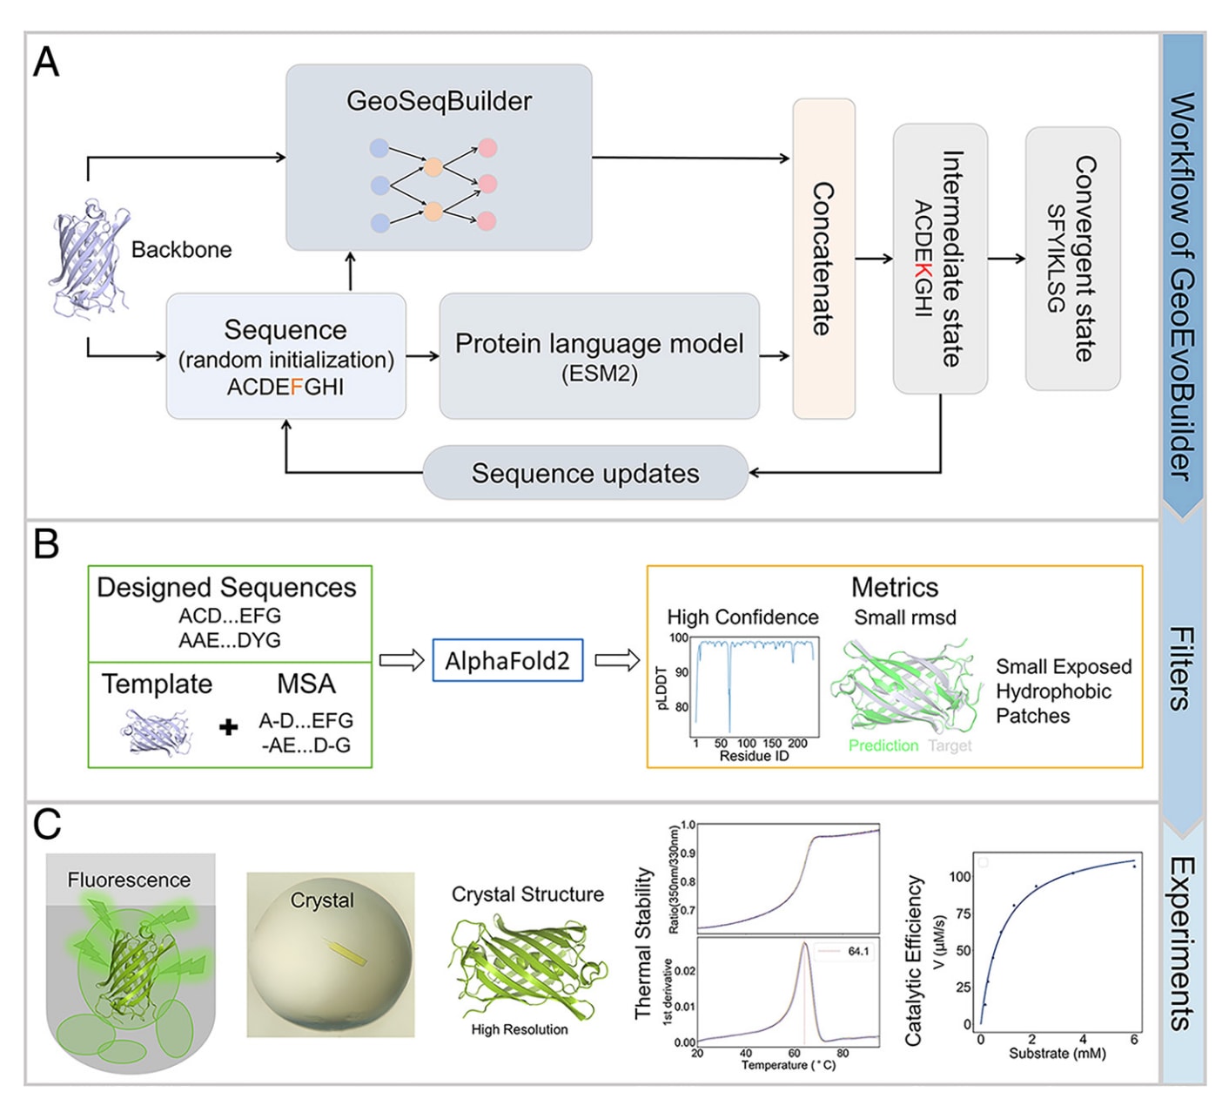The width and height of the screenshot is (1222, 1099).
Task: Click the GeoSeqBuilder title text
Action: [439, 101]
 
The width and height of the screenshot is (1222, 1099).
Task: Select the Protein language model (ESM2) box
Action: [599, 356]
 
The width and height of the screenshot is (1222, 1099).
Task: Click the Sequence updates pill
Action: [585, 473]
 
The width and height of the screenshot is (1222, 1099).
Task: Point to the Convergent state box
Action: [1072, 259]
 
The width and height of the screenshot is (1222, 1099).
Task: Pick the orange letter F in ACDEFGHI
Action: [297, 388]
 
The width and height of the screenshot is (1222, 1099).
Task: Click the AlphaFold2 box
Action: [507, 661]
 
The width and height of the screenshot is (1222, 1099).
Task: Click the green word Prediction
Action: [883, 745]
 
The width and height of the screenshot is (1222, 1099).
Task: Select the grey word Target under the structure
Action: [950, 745]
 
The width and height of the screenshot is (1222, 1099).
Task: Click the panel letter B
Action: [46, 544]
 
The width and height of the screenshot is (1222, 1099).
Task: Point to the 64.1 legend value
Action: [858, 951]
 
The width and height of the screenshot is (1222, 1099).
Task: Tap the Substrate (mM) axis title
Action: [1057, 1053]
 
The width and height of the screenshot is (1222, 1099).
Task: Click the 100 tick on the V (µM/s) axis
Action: [960, 876]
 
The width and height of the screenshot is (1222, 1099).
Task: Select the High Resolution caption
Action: [519, 1029]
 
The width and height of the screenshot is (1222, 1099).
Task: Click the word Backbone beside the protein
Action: [181, 250]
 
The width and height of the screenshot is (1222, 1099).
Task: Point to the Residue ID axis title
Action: [754, 756]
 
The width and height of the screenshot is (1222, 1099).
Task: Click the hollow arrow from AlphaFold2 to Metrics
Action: [617, 661]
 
